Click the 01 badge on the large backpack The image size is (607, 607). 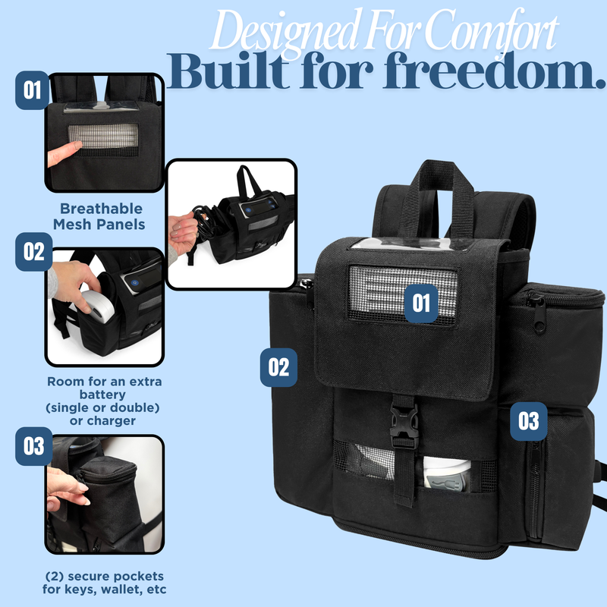[422, 303]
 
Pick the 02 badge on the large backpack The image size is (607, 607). [279, 366]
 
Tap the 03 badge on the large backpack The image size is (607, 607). [528, 420]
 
